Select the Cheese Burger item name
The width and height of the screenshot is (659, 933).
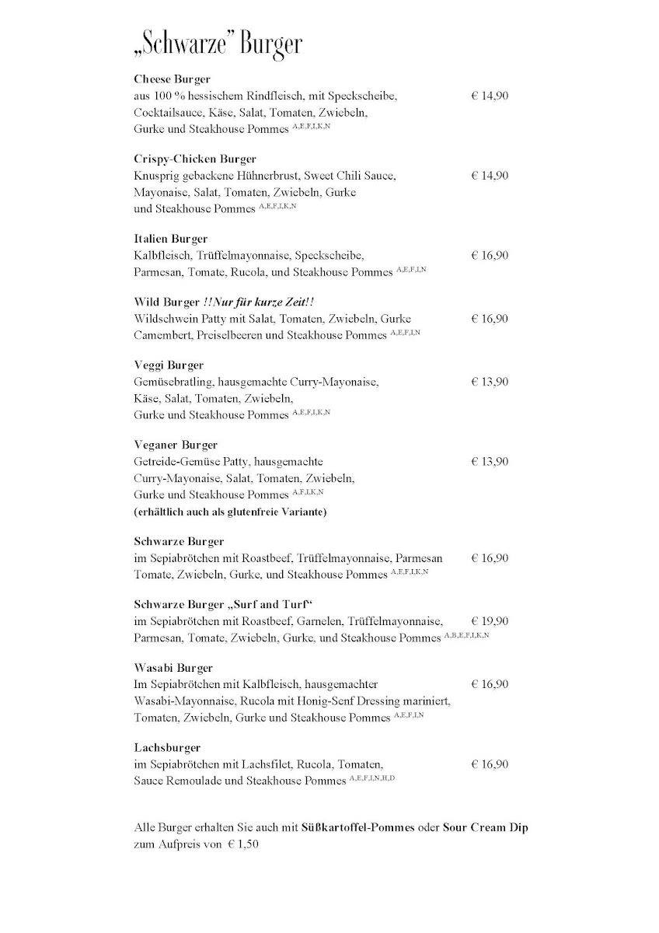pyautogui.click(x=172, y=79)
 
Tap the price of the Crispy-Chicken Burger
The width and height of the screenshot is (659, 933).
pyautogui.click(x=490, y=176)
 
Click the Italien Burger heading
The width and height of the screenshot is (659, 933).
pyautogui.click(x=170, y=239)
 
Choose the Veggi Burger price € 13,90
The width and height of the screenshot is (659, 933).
pyautogui.click(x=490, y=382)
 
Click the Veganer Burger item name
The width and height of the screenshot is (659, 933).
pyautogui.click(x=176, y=446)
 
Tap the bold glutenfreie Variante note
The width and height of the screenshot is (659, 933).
pyautogui.click(x=230, y=512)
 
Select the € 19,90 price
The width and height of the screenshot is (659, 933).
pyautogui.click(x=490, y=621)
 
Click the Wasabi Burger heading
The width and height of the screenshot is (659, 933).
pyautogui.click(x=173, y=668)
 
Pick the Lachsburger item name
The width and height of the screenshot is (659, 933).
pyautogui.click(x=167, y=747)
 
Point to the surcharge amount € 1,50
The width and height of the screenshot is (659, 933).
pyautogui.click(x=242, y=844)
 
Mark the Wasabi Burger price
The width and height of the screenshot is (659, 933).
pyautogui.click(x=490, y=684)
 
